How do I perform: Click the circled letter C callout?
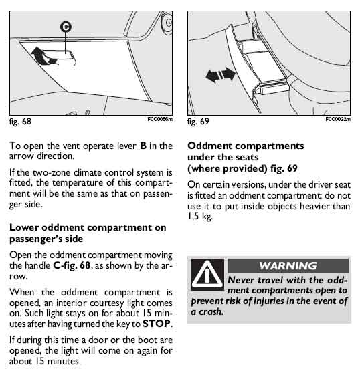[x=66, y=27]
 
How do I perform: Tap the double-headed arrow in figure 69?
[x=220, y=74]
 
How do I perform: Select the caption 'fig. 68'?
[x=20, y=122]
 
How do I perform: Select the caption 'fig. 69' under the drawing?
[x=198, y=122]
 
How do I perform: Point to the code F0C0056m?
[x=160, y=119]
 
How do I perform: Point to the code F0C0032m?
[x=338, y=119]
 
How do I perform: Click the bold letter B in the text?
[x=143, y=146]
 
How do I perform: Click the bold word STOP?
[x=157, y=324]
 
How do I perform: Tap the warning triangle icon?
[x=207, y=274]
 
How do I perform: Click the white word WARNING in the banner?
[x=288, y=265]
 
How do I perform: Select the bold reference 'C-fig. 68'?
[x=72, y=265]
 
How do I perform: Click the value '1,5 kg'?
[x=200, y=217]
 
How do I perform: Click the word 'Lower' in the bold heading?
[x=24, y=227]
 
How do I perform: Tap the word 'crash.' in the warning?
[x=211, y=312]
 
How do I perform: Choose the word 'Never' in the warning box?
[x=241, y=280]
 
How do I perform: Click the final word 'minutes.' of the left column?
[x=64, y=361]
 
